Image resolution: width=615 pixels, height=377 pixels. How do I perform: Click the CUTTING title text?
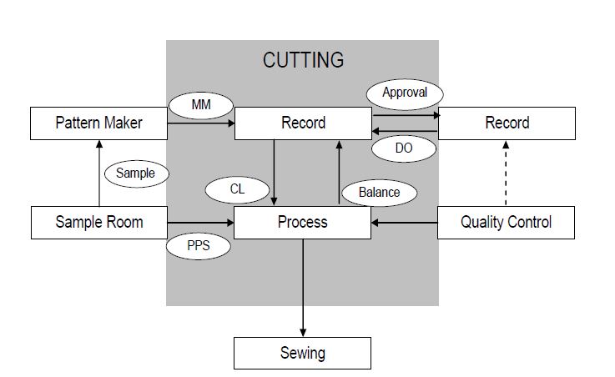(x=303, y=60)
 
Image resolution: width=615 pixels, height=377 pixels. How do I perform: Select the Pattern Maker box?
(x=98, y=123)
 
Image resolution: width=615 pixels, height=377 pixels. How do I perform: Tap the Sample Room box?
(x=98, y=223)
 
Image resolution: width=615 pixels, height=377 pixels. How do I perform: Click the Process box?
(x=302, y=223)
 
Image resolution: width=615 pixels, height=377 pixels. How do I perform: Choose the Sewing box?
(x=302, y=353)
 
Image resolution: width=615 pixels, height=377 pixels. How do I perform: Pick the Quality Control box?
(x=507, y=223)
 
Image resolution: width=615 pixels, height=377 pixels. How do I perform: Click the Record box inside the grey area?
(x=302, y=123)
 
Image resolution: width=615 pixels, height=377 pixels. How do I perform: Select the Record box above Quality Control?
(x=507, y=123)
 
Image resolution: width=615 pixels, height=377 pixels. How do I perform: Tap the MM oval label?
(x=200, y=106)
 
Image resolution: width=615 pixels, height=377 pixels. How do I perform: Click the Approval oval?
(x=404, y=93)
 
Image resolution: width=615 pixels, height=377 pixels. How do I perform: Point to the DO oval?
(x=404, y=149)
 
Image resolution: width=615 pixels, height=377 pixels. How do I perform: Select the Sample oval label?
(x=135, y=173)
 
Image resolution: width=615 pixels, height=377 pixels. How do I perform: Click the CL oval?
(x=237, y=190)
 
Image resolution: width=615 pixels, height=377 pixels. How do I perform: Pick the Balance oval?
(x=379, y=192)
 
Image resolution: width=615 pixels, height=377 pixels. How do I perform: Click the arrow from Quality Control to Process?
(x=404, y=223)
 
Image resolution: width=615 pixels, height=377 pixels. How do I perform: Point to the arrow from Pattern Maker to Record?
(x=200, y=123)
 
